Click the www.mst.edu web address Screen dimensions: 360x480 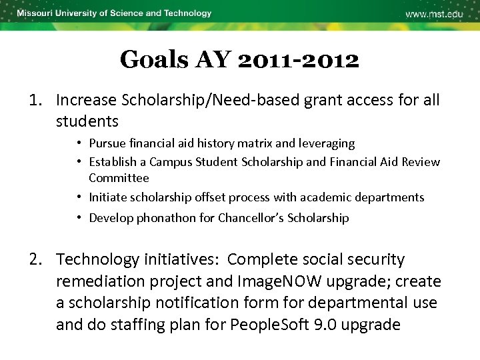click(x=434, y=14)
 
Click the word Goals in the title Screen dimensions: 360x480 click(x=154, y=61)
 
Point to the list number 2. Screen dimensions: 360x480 click(x=35, y=259)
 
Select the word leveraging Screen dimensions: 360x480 click(x=323, y=143)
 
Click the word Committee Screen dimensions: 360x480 click(x=119, y=178)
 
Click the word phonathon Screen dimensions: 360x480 click(x=165, y=218)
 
